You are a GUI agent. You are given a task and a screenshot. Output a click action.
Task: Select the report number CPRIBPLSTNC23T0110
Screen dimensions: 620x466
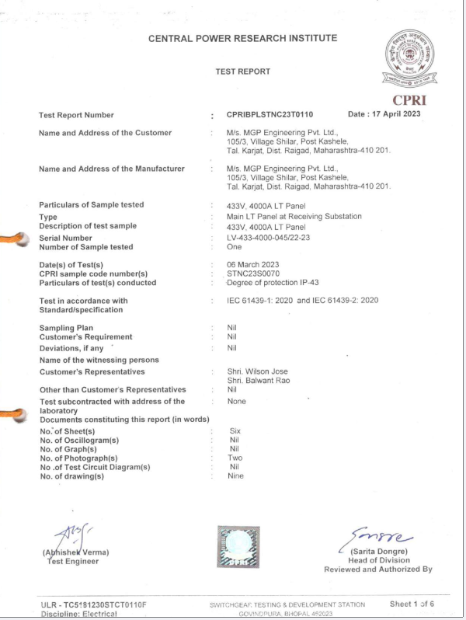pos(270,114)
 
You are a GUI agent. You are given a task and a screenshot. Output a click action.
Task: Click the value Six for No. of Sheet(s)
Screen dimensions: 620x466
pos(235,430)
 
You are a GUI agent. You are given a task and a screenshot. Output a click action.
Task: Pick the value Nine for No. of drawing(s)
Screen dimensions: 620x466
pos(237,476)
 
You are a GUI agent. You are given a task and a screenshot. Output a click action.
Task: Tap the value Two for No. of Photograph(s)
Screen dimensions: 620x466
pos(236,458)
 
